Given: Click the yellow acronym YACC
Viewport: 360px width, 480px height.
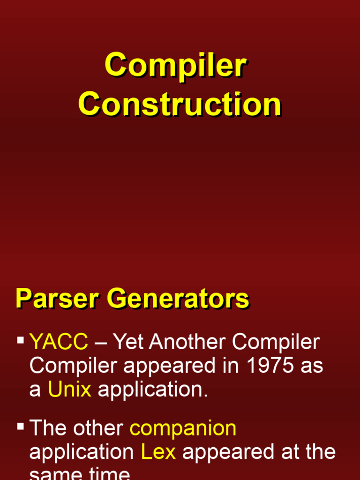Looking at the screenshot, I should pos(59,342).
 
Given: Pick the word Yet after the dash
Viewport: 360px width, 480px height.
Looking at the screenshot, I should pos(128,342).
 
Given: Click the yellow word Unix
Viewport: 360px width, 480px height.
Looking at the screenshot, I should pos(69,390).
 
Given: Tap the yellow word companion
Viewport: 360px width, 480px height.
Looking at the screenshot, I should pos(183,428).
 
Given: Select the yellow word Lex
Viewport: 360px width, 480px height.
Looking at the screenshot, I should pos(158,452).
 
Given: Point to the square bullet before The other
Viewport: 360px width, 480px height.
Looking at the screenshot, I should pos(21,427).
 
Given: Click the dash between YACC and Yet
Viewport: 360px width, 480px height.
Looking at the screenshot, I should pos(100,343).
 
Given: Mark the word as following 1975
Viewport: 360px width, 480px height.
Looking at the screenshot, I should pos(312,366).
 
